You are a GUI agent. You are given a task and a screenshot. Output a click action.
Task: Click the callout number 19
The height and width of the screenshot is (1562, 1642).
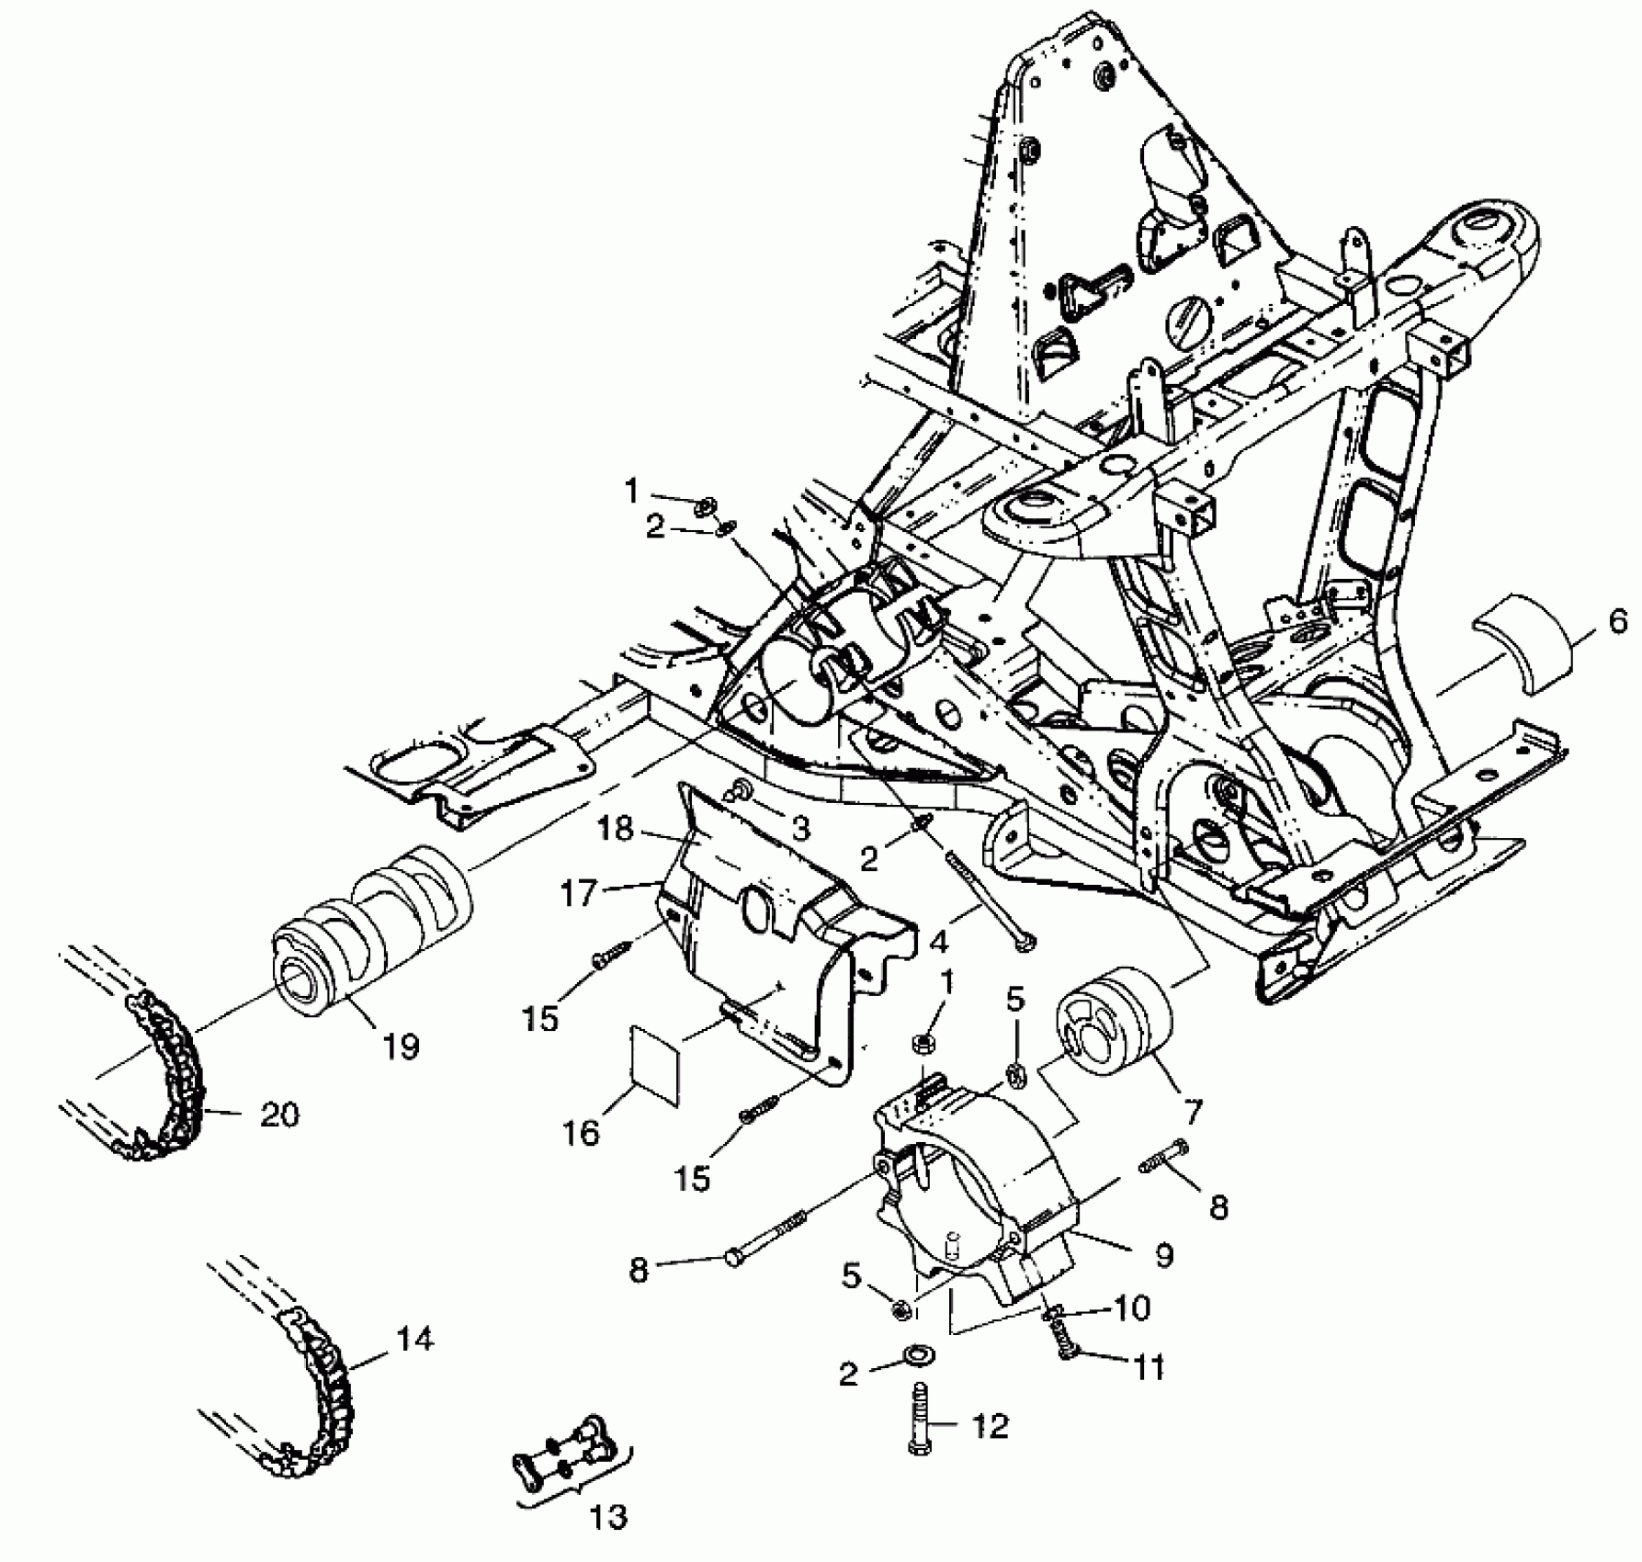point(401,1046)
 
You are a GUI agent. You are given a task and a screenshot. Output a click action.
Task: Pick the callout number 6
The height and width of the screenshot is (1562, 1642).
point(1617,622)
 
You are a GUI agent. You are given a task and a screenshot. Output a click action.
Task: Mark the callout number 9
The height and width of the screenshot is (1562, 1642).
point(1164,1254)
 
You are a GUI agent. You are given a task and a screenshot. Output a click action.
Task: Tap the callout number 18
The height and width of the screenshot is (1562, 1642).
point(615,829)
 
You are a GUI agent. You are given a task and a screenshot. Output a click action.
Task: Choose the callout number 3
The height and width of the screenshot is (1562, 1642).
point(800,829)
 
